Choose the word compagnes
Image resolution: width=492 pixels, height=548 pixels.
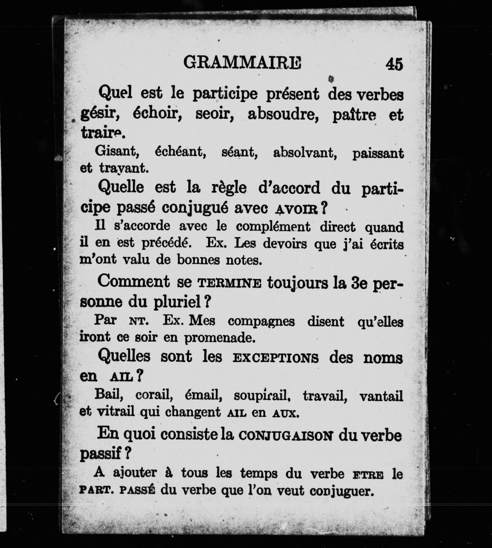coord(261,322)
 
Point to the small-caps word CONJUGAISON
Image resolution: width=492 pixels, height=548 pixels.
coord(286,436)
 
